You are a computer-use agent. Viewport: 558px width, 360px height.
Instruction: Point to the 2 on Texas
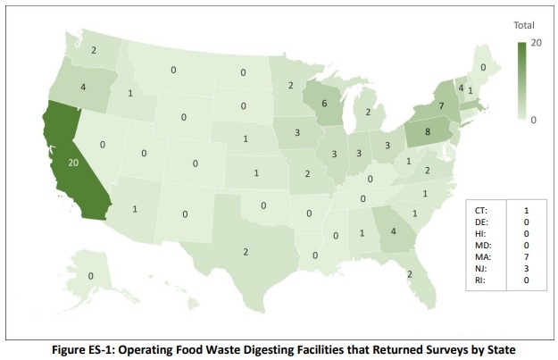(246, 251)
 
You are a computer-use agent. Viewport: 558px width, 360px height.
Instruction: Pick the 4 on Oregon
(81, 88)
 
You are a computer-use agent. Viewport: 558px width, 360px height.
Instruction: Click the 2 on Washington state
(94, 51)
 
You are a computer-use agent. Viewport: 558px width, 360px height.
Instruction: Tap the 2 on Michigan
(367, 113)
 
